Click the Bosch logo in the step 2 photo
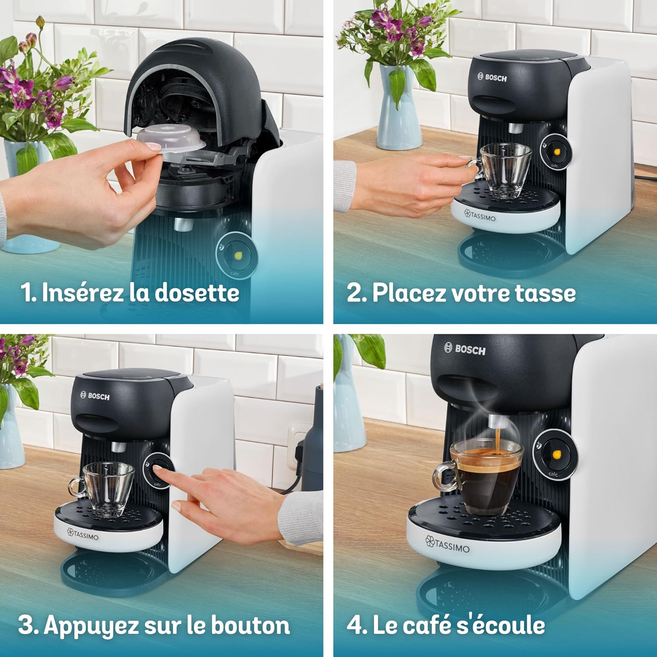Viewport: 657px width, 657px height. (x=492, y=78)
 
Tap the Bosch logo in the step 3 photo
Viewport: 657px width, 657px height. (x=95, y=396)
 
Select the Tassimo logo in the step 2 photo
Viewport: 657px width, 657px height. (x=480, y=216)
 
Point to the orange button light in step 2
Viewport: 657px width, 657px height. (x=557, y=152)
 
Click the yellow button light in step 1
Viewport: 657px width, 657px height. (x=239, y=255)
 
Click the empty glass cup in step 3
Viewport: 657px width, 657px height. (x=103, y=488)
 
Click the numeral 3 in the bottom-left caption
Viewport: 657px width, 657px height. (x=26, y=625)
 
